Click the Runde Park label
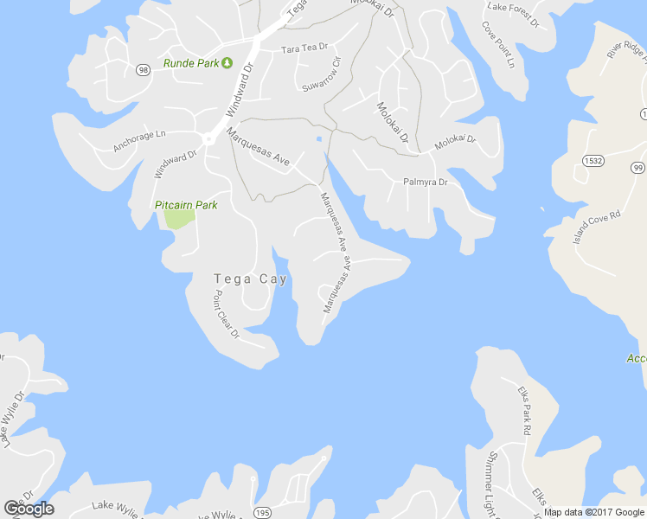click(x=190, y=63)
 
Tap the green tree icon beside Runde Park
click(x=227, y=62)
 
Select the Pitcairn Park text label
click(x=186, y=205)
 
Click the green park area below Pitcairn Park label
click(x=178, y=219)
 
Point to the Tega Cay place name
click(x=250, y=279)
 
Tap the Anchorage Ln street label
click(x=138, y=141)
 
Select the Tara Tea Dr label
click(x=304, y=49)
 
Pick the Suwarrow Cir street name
click(x=322, y=74)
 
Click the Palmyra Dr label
click(x=425, y=183)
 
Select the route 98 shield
click(x=143, y=70)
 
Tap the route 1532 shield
click(x=593, y=161)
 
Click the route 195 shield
click(x=262, y=514)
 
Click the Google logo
click(x=29, y=509)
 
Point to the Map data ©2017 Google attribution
click(x=593, y=512)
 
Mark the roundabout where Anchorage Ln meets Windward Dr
click(x=208, y=138)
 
